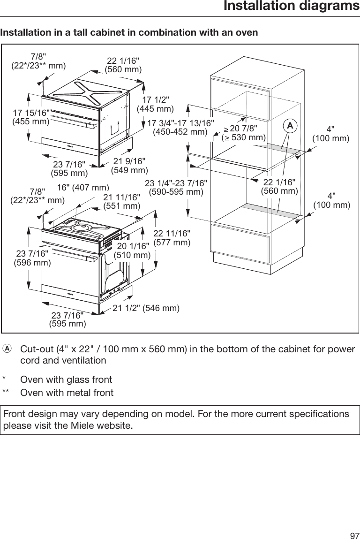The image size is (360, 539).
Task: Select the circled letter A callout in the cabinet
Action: pyautogui.click(x=291, y=125)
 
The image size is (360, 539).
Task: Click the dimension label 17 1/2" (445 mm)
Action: pyautogui.click(x=155, y=105)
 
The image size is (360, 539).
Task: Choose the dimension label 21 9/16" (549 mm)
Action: pyautogui.click(x=129, y=166)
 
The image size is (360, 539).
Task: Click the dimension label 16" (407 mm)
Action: pyautogui.click(x=83, y=188)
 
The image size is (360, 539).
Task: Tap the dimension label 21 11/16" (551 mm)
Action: pyautogui.click(x=121, y=201)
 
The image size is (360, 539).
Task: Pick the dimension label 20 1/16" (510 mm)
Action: pyautogui.click(x=132, y=251)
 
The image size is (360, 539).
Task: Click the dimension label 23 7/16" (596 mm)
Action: pyautogui.click(x=32, y=258)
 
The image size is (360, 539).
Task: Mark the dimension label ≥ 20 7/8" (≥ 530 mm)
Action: pyautogui.click(x=243, y=133)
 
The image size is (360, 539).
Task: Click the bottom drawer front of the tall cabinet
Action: pyautogui.click(x=240, y=246)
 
